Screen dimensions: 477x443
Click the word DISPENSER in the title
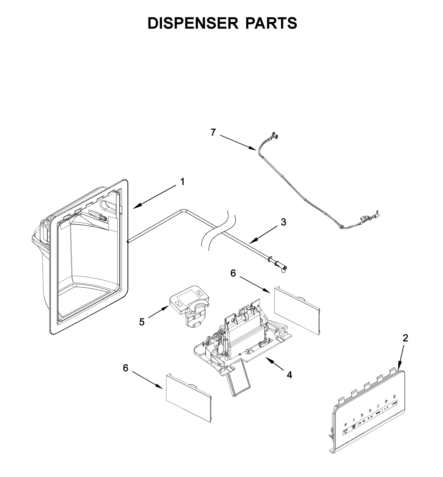(193, 23)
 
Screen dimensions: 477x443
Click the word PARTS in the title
(271, 23)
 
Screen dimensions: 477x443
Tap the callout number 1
(182, 182)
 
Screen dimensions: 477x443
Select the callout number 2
(405, 338)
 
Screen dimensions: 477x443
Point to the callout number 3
(283, 222)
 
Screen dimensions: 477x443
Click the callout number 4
(289, 375)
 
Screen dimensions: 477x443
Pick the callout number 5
(142, 322)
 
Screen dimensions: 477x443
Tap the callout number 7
(213, 133)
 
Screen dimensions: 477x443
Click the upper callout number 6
(233, 273)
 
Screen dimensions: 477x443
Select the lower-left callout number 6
(126, 368)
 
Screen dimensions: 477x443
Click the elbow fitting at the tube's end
(282, 268)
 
